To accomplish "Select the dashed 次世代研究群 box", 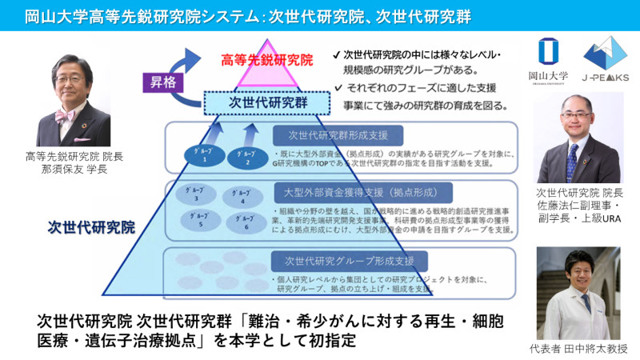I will pyautogui.click(x=266, y=102).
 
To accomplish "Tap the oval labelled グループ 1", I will pyautogui.click(x=204, y=156).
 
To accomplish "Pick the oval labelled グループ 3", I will pyautogui.click(x=193, y=195).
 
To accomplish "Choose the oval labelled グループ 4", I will pyautogui.click(x=238, y=196).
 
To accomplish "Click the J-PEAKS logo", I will pyautogui.click(x=606, y=58).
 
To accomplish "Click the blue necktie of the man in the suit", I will pyautogui.click(x=571, y=160).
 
